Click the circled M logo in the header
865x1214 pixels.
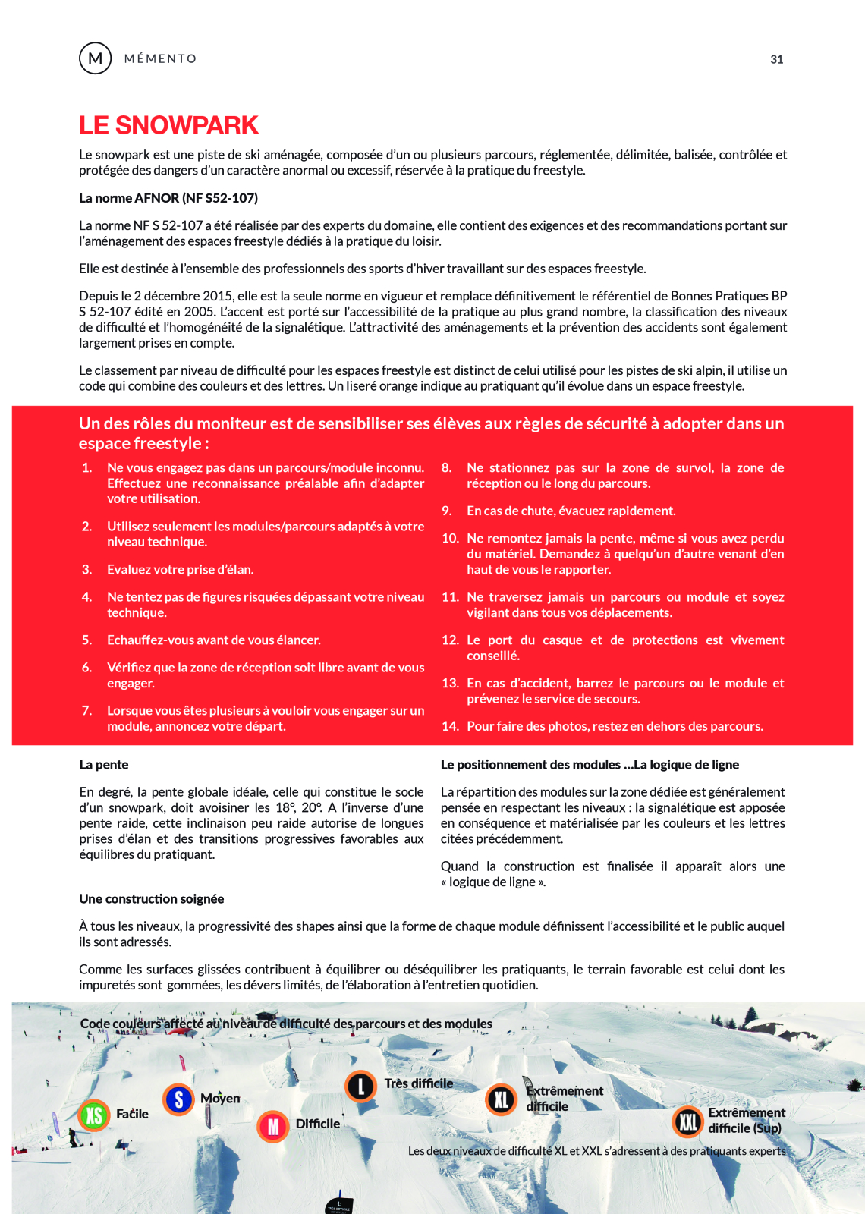tap(96, 58)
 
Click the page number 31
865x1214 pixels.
tap(776, 59)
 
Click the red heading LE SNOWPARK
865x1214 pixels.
tap(168, 125)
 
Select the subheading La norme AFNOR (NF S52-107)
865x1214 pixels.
tap(168, 198)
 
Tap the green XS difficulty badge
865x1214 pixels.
tap(94, 1115)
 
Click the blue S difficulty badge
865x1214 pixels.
tap(178, 1099)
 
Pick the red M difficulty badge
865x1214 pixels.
tap(273, 1127)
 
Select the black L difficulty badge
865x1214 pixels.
tap(361, 1087)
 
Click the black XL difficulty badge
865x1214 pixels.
tap(502, 1099)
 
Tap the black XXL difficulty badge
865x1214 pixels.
tap(687, 1121)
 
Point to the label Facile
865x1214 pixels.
tap(132, 1114)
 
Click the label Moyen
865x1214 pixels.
tap(220, 1099)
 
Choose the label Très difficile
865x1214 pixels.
tap(419, 1083)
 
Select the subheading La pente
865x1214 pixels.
tap(104, 765)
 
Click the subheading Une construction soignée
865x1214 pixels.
tap(152, 899)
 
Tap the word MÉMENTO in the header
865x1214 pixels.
tap(160, 59)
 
